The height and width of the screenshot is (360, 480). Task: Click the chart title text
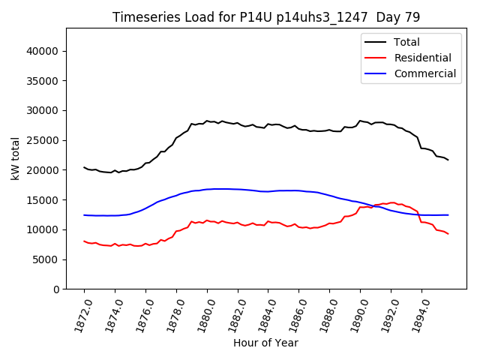[x=266, y=17]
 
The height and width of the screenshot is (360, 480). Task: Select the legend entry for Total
[x=406, y=42]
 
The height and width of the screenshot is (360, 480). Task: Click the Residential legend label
[x=422, y=58]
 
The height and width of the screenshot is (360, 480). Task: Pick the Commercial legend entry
[x=424, y=73]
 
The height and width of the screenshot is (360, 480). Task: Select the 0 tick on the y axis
[x=56, y=289]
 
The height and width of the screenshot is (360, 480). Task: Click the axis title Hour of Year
[x=265, y=343]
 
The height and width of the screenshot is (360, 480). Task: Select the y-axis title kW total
[x=15, y=158]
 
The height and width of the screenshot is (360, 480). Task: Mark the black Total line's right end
[x=448, y=160]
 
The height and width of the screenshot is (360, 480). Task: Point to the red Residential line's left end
[x=84, y=241]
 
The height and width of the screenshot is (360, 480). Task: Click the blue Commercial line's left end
[x=84, y=215]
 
